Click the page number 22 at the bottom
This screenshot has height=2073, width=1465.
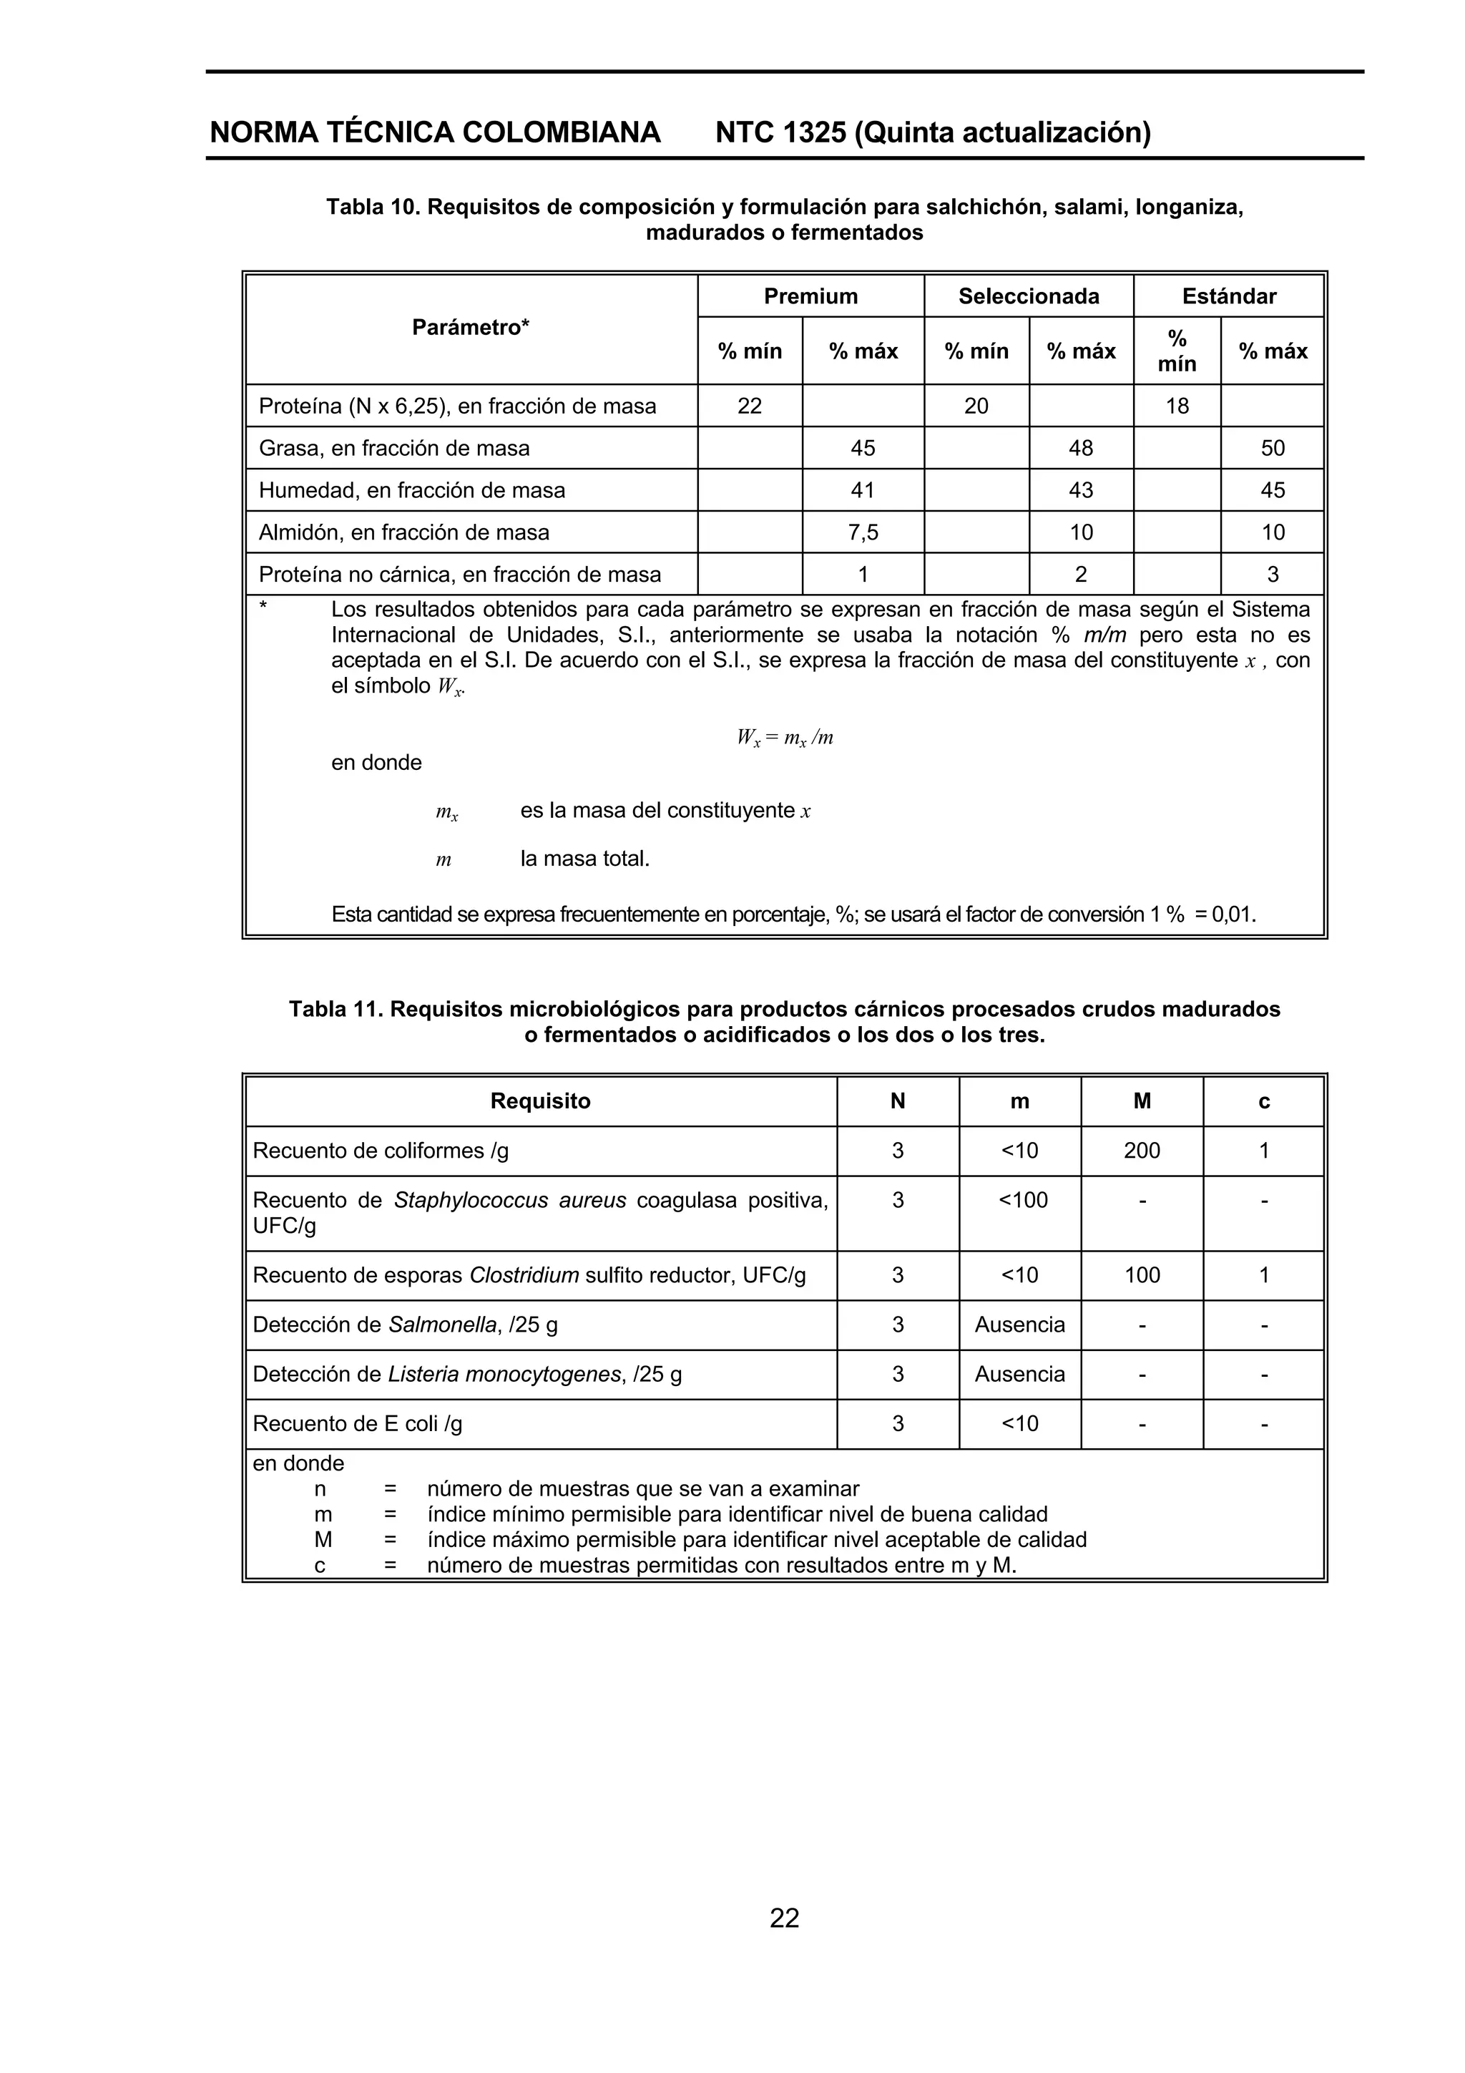tap(783, 1918)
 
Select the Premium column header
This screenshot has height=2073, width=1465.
tap(810, 296)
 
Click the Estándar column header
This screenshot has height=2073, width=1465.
tap(1228, 296)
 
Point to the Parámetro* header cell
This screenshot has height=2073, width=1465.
tap(470, 328)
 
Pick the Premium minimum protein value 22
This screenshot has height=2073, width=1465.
tap(749, 406)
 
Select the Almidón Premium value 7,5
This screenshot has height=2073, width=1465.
tap(863, 532)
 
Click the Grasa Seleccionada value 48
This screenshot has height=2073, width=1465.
tap(1080, 449)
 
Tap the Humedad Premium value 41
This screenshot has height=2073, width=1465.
tap(863, 490)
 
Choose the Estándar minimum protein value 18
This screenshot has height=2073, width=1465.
tap(1176, 406)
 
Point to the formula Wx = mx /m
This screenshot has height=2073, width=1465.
tap(783, 738)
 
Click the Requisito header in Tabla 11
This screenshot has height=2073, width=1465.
tap(540, 1101)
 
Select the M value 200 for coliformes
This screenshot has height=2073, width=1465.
tap(1141, 1150)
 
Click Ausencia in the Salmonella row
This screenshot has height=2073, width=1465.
tap(1019, 1325)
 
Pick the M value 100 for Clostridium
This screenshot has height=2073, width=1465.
tap(1141, 1275)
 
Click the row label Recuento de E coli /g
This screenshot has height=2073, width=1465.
tap(358, 1424)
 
